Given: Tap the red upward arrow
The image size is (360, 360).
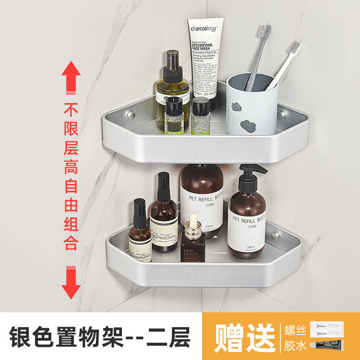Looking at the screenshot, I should (71, 79).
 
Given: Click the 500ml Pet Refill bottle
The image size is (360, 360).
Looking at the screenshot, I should (202, 198).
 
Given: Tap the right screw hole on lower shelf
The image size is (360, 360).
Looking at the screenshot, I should (275, 235).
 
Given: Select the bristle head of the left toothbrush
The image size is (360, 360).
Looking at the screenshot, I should (264, 31).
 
